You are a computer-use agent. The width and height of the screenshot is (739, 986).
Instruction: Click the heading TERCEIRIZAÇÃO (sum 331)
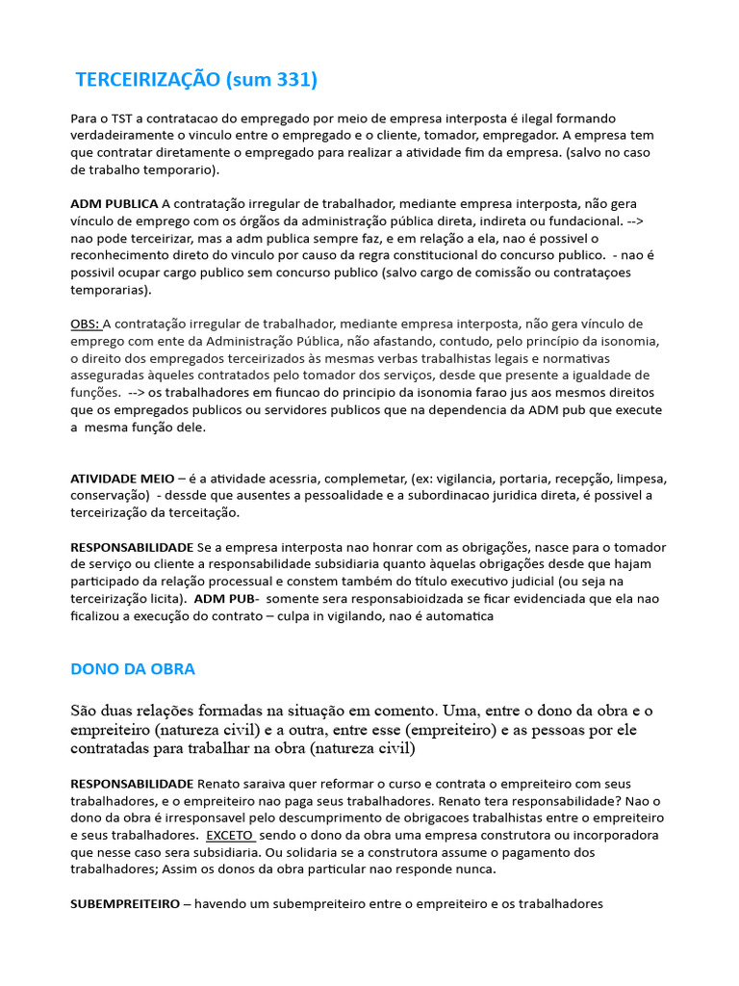195,80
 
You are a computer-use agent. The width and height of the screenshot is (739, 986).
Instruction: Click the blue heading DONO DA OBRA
133,668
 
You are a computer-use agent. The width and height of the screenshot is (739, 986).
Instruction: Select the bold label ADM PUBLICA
115,203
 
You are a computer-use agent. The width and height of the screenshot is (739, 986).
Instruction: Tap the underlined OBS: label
85,324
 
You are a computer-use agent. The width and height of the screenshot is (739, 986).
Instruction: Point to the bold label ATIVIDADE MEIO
122,479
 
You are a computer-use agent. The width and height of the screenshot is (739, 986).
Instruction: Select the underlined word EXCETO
230,835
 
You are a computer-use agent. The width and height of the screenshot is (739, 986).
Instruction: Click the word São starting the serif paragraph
85,711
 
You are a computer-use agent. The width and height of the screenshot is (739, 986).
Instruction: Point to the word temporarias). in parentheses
111,290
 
